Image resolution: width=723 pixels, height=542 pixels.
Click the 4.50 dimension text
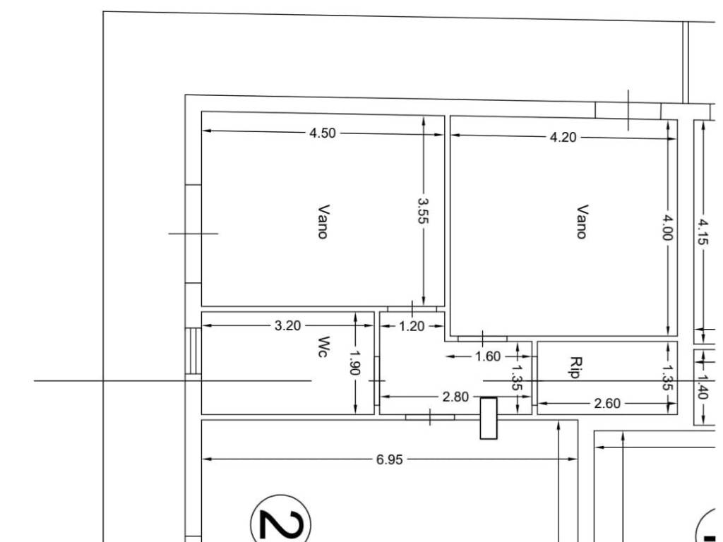click(322, 133)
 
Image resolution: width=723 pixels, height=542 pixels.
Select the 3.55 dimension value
click(423, 211)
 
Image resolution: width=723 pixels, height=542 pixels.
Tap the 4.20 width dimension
click(563, 138)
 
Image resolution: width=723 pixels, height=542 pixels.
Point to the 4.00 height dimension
click(668, 227)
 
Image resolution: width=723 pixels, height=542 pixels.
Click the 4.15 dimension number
click(703, 231)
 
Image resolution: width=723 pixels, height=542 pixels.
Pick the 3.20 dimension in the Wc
click(287, 326)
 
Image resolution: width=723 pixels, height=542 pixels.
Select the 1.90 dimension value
click(354, 363)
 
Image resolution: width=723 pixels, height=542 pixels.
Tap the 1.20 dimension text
click(412, 326)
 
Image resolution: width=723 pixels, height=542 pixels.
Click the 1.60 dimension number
click(487, 356)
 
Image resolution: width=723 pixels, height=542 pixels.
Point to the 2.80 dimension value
click(455, 397)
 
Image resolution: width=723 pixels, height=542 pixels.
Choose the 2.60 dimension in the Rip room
click(607, 404)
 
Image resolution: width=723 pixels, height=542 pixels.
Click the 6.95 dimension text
click(390, 459)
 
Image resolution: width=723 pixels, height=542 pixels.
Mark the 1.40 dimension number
click(703, 386)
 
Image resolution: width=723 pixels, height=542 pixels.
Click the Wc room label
click(324, 347)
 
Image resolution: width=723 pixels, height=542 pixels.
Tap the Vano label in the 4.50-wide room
click(323, 222)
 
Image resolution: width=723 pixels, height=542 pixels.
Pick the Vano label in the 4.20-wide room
click(582, 222)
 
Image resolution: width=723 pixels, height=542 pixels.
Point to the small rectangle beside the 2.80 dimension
click(489, 418)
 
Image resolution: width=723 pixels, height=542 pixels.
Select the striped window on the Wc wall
click(193, 351)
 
